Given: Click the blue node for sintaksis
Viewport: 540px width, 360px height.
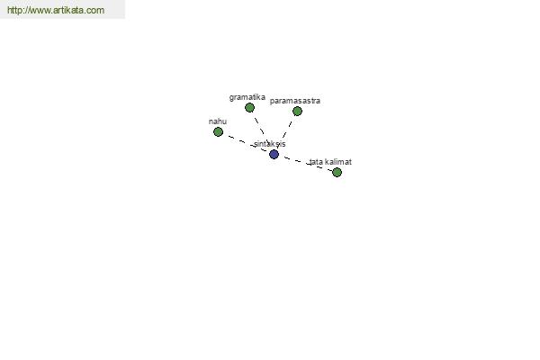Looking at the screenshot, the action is pos(274,154).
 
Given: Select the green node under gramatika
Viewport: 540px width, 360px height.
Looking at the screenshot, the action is pos(249,107).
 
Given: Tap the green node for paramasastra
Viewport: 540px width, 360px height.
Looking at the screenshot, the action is pos(297,111).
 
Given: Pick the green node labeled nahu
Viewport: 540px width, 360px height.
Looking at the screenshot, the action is pos(218,131).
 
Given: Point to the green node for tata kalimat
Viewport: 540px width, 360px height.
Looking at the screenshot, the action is pos(337,172).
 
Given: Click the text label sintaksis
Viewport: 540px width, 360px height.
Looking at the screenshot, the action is pos(270,144).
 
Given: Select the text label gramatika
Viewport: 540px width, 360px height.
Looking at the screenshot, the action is pos(247,97).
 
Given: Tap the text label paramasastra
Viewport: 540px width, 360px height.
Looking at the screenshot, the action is pos(295,101).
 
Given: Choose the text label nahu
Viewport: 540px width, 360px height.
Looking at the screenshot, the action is pos(218,121).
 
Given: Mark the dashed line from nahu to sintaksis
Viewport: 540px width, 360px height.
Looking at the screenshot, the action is pos(246,143).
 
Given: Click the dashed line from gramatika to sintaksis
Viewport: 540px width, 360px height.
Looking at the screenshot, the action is pos(262,130).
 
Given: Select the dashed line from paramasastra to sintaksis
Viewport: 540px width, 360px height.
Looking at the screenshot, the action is pos(285,132).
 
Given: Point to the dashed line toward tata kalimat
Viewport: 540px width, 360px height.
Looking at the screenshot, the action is pos(305,163).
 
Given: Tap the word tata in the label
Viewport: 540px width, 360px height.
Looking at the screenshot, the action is pos(316,162).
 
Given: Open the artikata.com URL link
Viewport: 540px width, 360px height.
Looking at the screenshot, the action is pos(56,10).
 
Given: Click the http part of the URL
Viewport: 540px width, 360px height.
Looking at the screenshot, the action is pos(13,10).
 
